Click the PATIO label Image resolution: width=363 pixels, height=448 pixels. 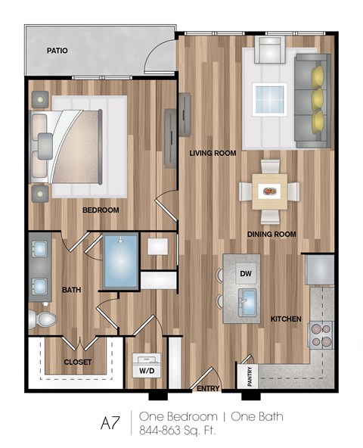(x=57, y=51)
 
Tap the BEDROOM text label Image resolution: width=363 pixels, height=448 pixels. (x=101, y=210)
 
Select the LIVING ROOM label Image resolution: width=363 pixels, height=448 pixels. (x=213, y=153)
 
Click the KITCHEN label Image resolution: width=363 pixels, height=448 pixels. (x=287, y=319)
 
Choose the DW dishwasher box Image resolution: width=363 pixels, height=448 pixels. (x=244, y=273)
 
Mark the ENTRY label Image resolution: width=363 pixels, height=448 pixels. (x=208, y=388)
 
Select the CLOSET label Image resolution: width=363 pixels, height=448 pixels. (x=78, y=362)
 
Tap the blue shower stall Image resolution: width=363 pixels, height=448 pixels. (x=120, y=261)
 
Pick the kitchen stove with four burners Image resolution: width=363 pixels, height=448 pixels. (x=321, y=334)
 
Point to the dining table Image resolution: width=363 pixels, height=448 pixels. (x=269, y=191)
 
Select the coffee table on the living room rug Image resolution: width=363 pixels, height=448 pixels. (x=269, y=98)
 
